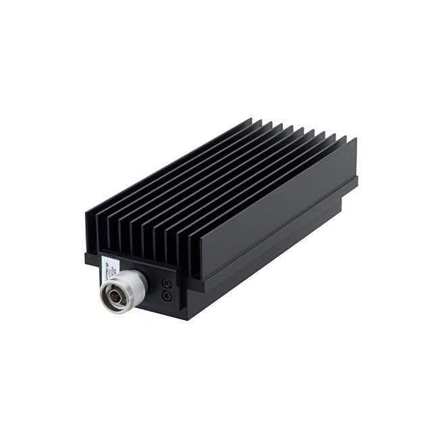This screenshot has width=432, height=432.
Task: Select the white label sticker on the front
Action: pos(108,269)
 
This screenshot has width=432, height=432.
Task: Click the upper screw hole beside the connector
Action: pos(166,284)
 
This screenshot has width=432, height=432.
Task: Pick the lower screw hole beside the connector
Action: pos(167,296)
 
